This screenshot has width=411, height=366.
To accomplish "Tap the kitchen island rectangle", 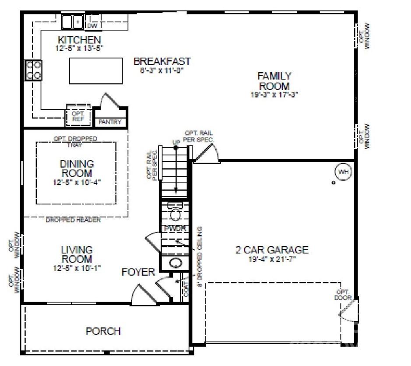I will point(96,70).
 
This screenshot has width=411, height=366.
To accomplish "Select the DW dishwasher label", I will point(91,26).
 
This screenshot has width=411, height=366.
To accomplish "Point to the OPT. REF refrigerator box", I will point(78,115).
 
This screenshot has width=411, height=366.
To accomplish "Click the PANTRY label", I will point(110,122).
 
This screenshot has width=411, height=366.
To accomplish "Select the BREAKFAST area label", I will point(162,61).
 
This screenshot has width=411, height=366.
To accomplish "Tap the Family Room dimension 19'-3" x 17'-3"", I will point(274,94).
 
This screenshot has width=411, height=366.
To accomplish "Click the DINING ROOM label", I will point(77,168).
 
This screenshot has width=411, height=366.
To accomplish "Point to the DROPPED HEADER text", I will point(73,220).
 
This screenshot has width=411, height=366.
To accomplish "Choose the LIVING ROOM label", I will point(77,254).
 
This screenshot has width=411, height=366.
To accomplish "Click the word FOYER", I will point(138,272).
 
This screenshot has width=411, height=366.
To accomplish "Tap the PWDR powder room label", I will point(175,229).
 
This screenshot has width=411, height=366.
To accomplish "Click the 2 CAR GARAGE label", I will point(272,250).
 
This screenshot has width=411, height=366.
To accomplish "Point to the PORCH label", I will point(103,331).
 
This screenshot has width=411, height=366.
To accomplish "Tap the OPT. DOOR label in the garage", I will point(342,295).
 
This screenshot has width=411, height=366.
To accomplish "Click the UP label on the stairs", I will point(175,143).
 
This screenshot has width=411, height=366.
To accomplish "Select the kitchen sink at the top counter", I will point(72,21).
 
